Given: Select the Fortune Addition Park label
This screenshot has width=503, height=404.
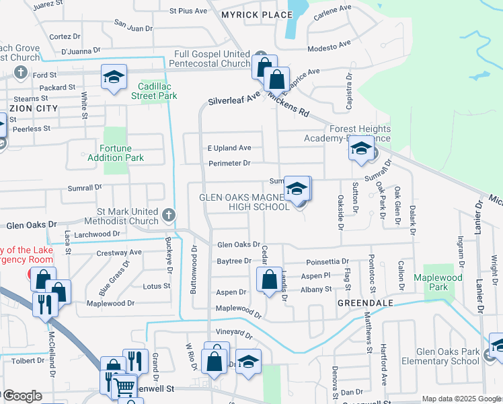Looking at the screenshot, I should click(x=116, y=153).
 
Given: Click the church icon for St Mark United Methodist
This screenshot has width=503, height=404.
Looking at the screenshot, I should click(x=168, y=215).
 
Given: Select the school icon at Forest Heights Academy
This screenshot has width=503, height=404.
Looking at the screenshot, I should click(x=361, y=149).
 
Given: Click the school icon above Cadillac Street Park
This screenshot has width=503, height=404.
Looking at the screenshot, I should click(x=114, y=77).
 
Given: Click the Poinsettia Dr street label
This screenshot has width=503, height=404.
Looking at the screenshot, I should click(x=327, y=261).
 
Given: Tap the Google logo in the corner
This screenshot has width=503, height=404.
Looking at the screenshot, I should click(x=22, y=396).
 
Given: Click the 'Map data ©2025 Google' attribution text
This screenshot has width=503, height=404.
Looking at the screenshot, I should click(x=461, y=399).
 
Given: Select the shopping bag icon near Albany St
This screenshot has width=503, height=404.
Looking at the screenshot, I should click(x=269, y=279).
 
